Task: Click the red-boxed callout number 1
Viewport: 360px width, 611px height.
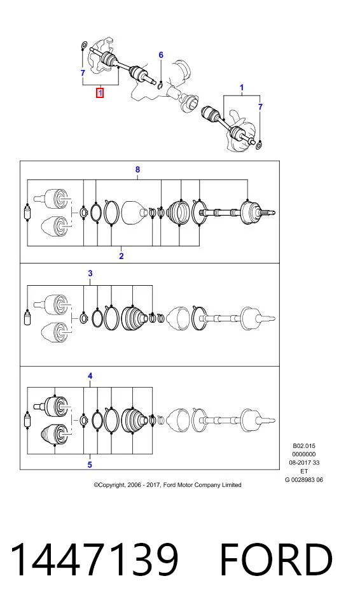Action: [100, 93]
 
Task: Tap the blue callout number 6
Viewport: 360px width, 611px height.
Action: [161, 55]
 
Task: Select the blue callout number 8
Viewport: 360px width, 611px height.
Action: [137, 169]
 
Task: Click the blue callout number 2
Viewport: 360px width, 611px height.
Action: [121, 256]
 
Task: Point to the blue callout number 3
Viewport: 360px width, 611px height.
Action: [90, 273]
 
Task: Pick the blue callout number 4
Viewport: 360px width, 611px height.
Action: [90, 376]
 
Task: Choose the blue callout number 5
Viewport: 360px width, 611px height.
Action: [90, 465]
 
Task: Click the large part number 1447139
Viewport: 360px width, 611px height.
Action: [94, 559]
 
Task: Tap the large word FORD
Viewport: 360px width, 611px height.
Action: [276, 559]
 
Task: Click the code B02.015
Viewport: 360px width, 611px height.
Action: [304, 446]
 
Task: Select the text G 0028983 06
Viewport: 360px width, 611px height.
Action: [304, 480]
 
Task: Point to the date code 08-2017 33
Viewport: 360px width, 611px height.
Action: [304, 463]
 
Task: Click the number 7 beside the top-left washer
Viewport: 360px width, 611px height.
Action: [83, 73]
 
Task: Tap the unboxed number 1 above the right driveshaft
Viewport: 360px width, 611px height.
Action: [242, 88]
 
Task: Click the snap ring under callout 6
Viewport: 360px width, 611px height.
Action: [160, 85]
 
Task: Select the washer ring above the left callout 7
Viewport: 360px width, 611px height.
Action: [83, 46]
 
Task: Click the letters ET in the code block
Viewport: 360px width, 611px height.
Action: [304, 471]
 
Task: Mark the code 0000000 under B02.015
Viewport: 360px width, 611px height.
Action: [304, 454]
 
